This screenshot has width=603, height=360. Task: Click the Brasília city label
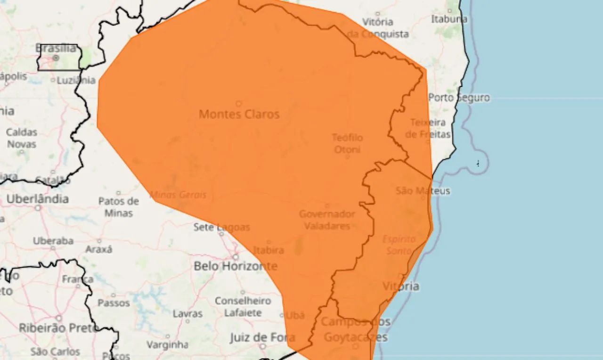(x=56, y=48)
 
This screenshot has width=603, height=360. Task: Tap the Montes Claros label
(x=239, y=114)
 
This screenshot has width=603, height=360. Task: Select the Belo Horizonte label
(x=235, y=266)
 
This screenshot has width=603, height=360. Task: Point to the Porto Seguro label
(x=459, y=98)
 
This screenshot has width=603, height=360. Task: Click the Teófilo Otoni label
(x=347, y=143)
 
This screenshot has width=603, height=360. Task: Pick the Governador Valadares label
(x=327, y=220)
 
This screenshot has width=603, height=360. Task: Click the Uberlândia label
(x=37, y=199)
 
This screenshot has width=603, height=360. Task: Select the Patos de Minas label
(x=118, y=207)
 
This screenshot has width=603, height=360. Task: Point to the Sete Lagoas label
(x=221, y=227)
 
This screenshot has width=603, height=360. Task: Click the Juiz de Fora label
(x=262, y=337)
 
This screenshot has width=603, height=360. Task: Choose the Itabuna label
(x=449, y=19)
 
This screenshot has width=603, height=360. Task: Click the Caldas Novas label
(x=22, y=138)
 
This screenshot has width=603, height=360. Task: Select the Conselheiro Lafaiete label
(x=243, y=306)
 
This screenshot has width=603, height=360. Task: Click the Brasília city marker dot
(x=56, y=57)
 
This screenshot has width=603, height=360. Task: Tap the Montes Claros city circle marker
(x=239, y=103)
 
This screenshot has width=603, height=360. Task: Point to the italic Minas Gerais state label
(x=178, y=195)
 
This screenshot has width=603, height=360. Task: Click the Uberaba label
(x=53, y=241)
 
